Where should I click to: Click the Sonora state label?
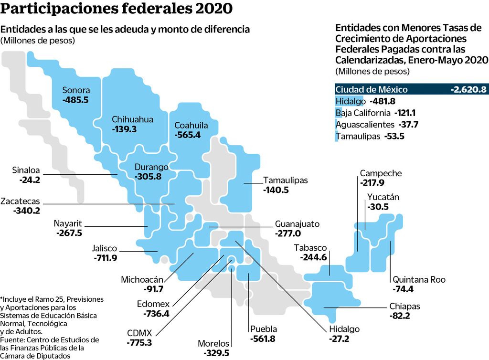(x=76, y=90)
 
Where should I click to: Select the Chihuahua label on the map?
(x=132, y=119)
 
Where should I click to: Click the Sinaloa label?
(x=25, y=170)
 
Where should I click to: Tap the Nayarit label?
(x=67, y=223)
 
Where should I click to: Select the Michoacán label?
(x=142, y=279)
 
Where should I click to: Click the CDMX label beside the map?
(x=139, y=333)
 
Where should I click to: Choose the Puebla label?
(x=263, y=329)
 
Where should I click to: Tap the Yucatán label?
(x=383, y=197)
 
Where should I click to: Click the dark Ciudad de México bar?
(x=411, y=89)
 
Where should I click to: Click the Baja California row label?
(x=362, y=113)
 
